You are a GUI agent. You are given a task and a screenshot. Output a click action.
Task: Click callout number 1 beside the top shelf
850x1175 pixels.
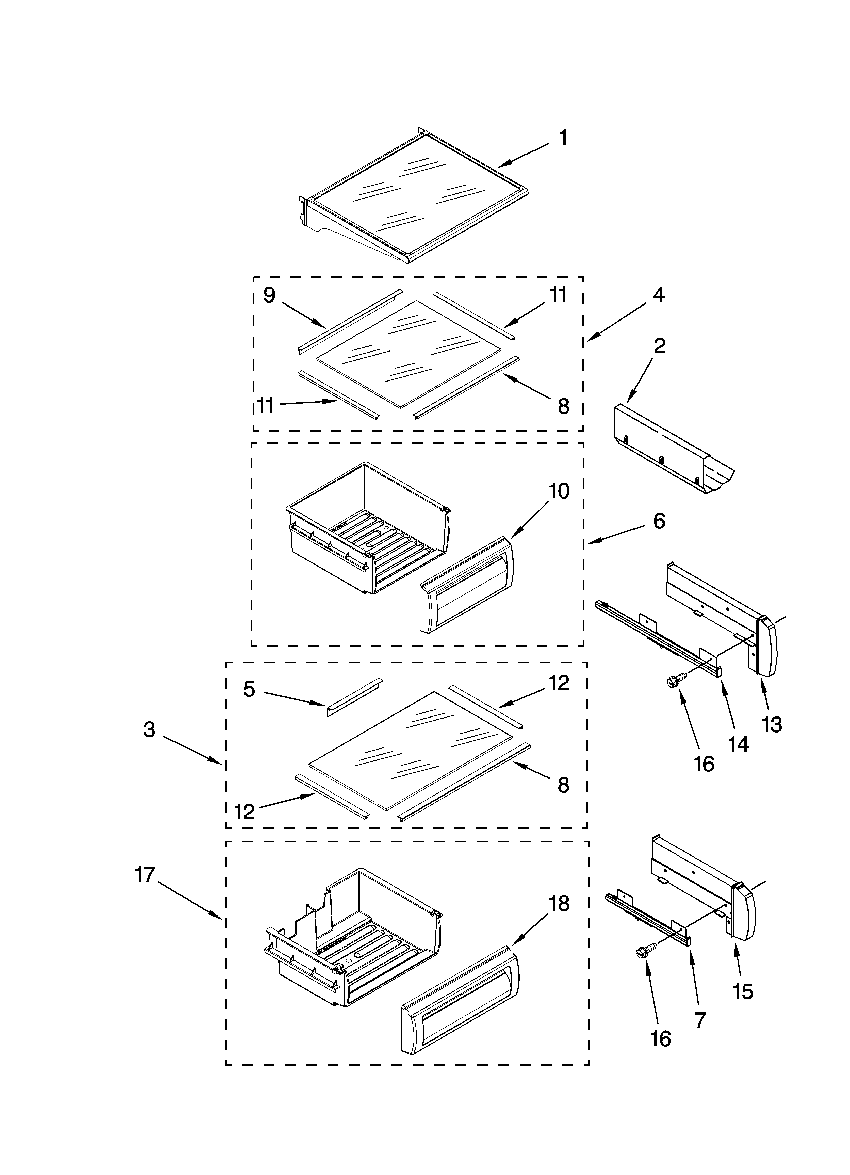[x=563, y=138]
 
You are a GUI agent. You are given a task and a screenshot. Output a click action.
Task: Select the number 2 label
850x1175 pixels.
[x=659, y=346]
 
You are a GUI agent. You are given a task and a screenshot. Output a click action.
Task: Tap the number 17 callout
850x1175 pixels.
[x=145, y=875]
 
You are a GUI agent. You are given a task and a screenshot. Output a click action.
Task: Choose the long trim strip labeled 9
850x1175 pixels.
[x=349, y=321]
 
